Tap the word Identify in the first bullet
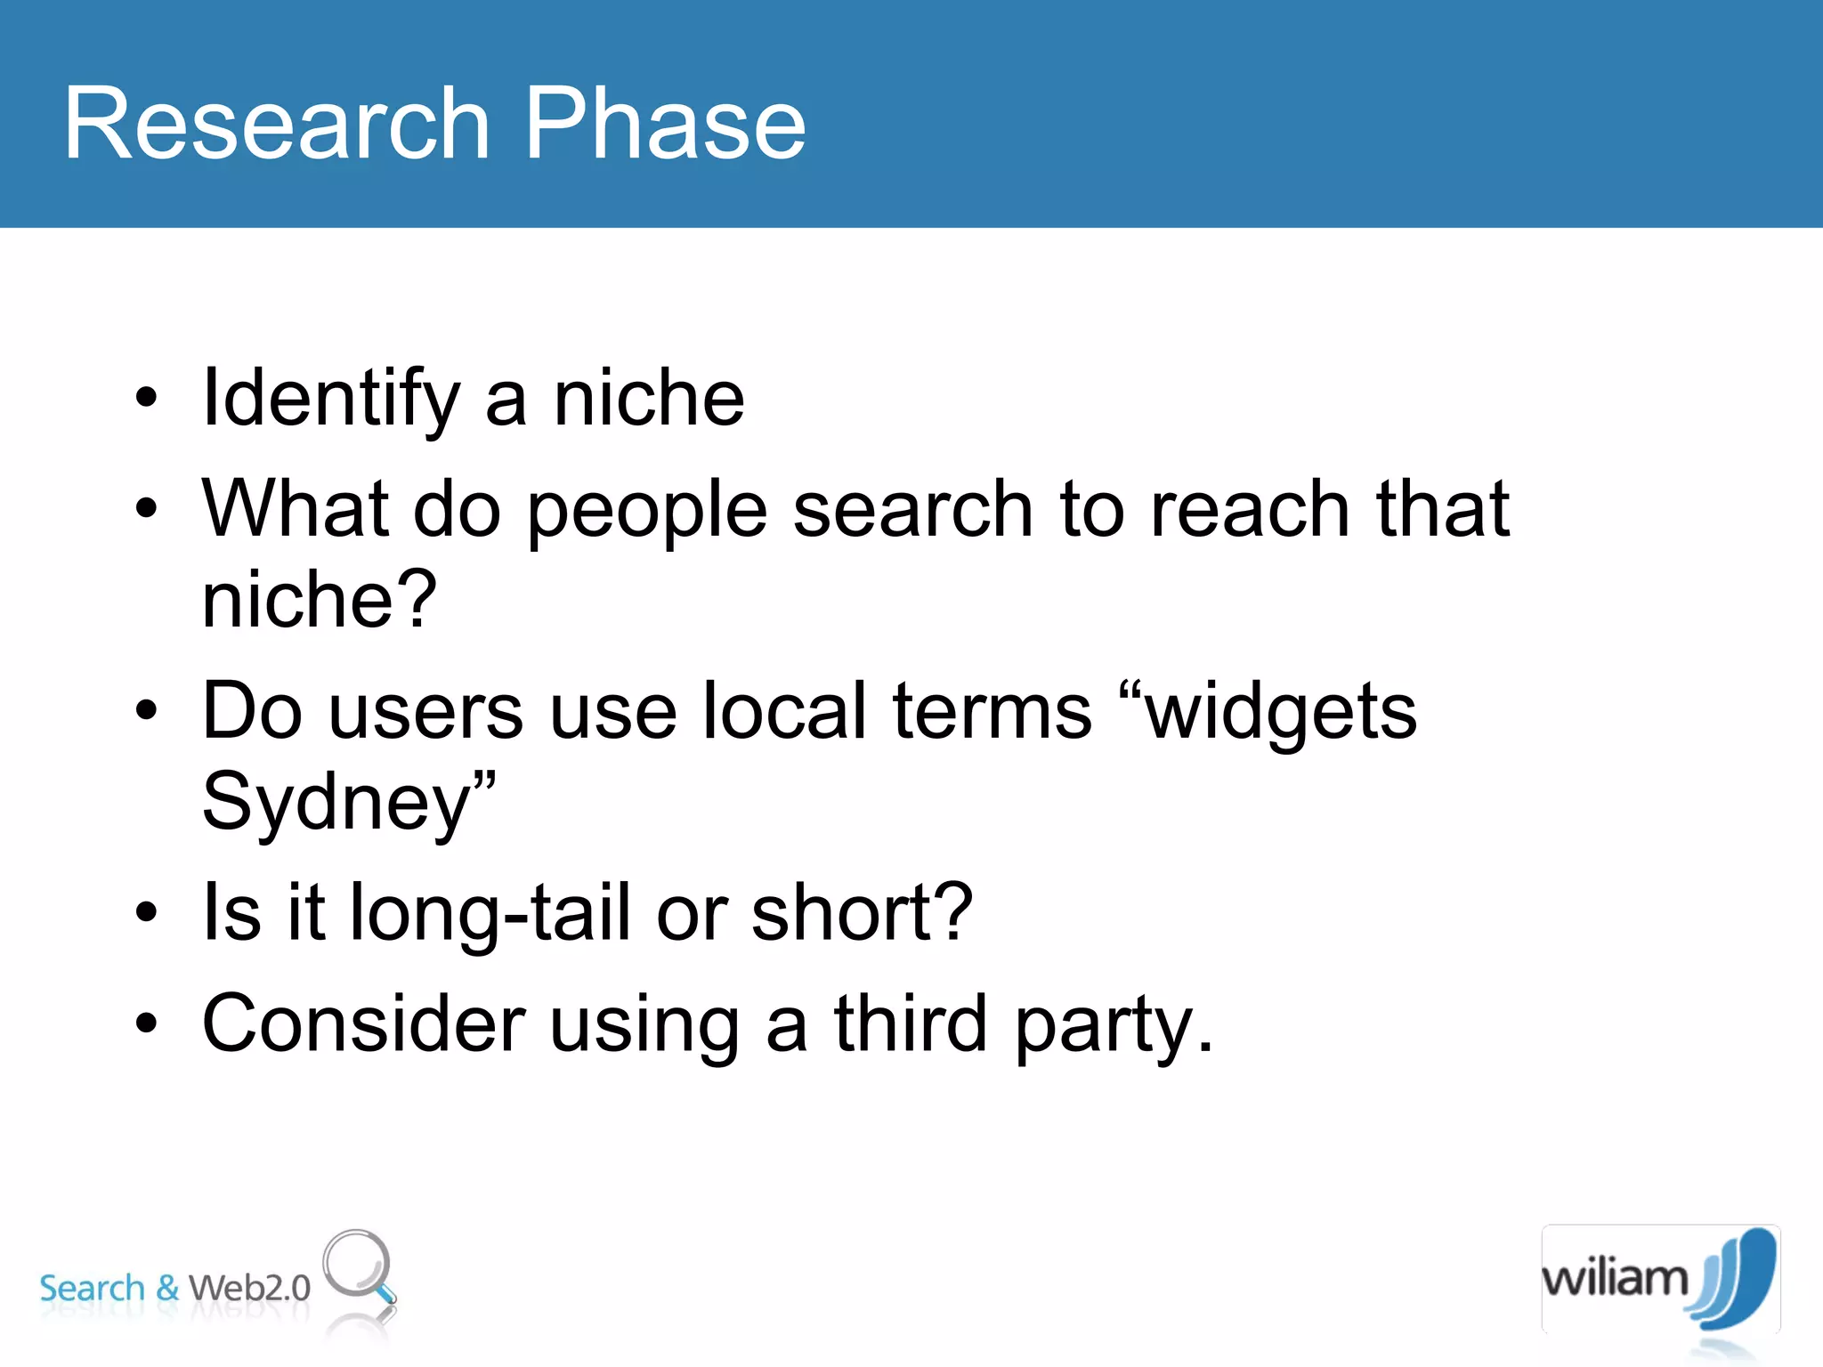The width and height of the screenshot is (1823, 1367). tap(331, 400)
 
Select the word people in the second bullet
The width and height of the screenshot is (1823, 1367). tap(647, 512)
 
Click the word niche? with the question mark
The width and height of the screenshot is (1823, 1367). tap(320, 600)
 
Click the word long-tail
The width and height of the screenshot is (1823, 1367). tap(490, 913)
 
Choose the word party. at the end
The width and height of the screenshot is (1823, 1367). tap(1114, 1027)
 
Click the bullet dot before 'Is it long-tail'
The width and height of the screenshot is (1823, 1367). tap(146, 911)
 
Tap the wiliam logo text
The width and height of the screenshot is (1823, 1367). tap(1615, 1278)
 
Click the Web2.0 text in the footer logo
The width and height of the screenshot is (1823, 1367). tap(250, 1288)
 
